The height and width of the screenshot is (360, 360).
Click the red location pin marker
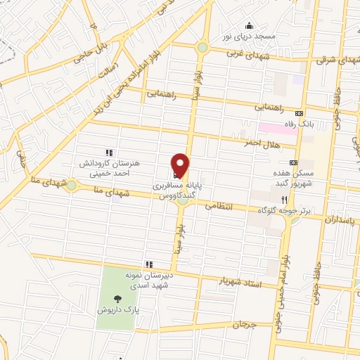181,165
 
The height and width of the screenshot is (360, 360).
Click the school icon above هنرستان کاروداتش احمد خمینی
108,152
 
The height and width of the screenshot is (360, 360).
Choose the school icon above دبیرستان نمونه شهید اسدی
148,264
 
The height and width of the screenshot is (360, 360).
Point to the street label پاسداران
341,220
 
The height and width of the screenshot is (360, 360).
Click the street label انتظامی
218,207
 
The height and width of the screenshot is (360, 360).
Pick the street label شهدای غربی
240,54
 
